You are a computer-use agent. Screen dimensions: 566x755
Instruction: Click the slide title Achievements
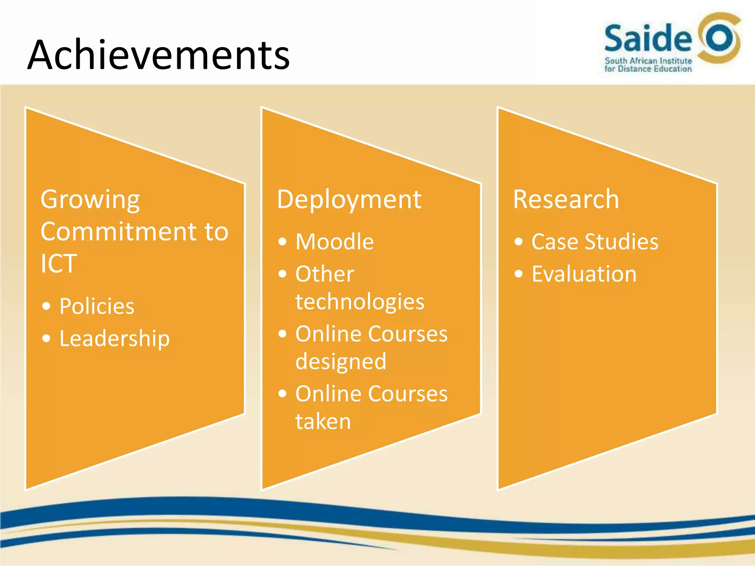pos(159,55)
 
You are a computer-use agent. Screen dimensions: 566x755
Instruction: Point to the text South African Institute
pos(648,61)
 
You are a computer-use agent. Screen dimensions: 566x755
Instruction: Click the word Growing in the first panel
pos(90,200)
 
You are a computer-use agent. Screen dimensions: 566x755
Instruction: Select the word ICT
pos(59,263)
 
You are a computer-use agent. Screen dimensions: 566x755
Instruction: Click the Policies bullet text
pos(97,306)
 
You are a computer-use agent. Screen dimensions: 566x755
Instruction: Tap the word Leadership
pos(114,339)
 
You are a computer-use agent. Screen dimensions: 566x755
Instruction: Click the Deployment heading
pos(349,200)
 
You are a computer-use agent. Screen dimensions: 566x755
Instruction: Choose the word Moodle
pos(334,242)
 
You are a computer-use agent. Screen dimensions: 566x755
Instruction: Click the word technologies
pos(360,302)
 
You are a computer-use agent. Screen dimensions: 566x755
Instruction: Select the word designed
pos(341,361)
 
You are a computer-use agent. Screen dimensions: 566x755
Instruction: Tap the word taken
pos(323,421)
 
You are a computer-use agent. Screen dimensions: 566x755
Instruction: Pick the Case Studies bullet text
pos(595,242)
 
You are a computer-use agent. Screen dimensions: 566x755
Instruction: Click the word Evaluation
pos(584,274)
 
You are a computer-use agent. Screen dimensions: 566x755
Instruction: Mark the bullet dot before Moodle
pos(282,242)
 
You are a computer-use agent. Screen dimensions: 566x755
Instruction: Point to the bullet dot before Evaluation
pos(519,274)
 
